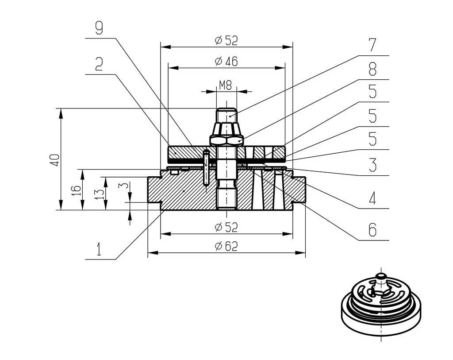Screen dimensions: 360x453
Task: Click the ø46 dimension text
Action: click(x=226, y=62)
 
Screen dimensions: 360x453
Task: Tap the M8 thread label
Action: click(x=226, y=85)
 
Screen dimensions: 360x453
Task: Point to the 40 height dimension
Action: click(x=54, y=160)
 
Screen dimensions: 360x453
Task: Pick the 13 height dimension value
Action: click(x=100, y=193)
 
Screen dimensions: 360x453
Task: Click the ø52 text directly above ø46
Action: click(x=226, y=41)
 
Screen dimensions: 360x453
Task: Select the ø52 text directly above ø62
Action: click(x=226, y=228)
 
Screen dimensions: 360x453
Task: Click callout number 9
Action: click(x=99, y=28)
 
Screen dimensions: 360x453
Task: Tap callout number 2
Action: click(x=99, y=65)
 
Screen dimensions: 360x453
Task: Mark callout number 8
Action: click(x=372, y=69)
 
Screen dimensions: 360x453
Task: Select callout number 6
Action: click(x=372, y=229)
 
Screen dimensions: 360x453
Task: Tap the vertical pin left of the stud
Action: click(x=206, y=168)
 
